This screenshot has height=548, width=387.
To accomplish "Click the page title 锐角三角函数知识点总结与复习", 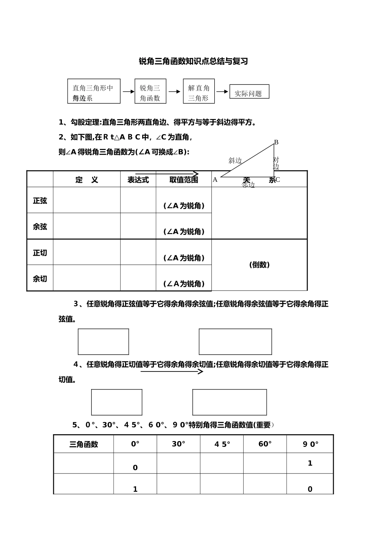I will coord(193,62).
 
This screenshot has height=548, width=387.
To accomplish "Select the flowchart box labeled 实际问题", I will coord(249,92).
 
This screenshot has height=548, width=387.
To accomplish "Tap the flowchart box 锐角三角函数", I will coord(150,92).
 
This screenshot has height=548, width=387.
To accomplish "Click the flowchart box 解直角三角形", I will coord(198,92).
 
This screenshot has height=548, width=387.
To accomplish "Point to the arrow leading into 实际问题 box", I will coord(222,91).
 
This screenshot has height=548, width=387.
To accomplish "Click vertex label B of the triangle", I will coord(276,142).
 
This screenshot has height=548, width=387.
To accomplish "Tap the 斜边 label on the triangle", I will coord(235,161).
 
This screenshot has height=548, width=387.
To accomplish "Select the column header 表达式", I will coord(138,180).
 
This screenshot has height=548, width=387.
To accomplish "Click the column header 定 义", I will coord(87,180).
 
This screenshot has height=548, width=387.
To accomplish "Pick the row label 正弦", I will coord(40,201).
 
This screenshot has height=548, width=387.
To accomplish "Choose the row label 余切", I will coord(40,279).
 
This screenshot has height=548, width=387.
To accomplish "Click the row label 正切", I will coord(40,253).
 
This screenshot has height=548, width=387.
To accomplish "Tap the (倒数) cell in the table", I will coord(259,265).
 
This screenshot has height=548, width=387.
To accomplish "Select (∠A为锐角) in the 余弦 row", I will coord(184,232).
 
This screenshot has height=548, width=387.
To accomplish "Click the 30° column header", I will coord(178,444).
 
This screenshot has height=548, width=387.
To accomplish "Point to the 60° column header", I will coord(265,444).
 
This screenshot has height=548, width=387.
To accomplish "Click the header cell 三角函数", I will coord(84,444).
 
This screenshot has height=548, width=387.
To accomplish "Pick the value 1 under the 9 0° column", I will coord(310,463).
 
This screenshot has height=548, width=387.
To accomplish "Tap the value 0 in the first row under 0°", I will coord(135,468).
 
